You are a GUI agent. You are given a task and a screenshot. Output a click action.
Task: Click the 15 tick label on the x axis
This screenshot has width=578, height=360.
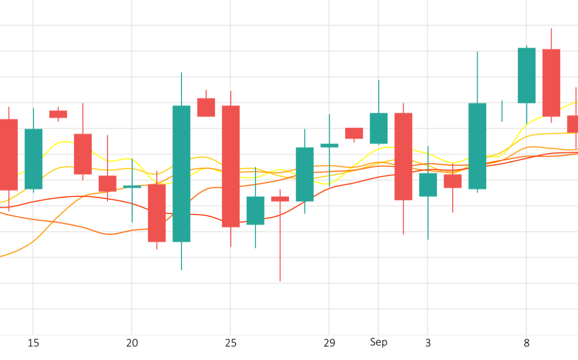pos(33,343)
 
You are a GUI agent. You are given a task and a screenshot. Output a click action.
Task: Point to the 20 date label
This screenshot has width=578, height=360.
pos(132,343)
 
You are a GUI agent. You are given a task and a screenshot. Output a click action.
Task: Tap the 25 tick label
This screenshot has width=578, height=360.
pos(231,343)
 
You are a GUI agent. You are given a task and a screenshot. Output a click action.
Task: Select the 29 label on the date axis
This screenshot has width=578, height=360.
pos(329,343)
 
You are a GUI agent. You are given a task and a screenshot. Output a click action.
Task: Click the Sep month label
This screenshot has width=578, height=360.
pos(378,342)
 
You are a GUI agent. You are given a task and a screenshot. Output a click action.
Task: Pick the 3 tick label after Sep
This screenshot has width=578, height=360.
pos(428,343)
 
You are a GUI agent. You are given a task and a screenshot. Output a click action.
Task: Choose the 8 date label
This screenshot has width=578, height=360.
pos(526,343)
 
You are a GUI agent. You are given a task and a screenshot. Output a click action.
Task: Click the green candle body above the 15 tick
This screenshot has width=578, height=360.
pos(33,159)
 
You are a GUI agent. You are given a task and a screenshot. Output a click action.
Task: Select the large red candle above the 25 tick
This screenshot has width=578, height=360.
pos(231,166)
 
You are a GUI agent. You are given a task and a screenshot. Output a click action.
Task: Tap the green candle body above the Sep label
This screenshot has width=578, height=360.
pos(379,128)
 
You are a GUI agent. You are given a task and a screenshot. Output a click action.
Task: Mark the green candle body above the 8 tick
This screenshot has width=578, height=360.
pos(526,75)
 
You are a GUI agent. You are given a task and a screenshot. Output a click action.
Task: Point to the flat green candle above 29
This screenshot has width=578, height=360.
pos(330,146)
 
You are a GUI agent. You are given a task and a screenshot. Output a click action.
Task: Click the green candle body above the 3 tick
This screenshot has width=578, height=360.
pos(428,185)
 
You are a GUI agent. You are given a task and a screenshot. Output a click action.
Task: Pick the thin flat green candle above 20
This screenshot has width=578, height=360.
pos(132,187)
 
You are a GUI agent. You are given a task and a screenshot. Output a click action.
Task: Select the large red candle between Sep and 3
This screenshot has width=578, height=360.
pos(404,156)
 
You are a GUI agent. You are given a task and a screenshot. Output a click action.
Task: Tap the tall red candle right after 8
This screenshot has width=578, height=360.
pos(552,83)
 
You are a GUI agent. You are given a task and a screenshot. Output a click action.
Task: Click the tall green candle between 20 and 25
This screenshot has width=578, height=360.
pos(182,173)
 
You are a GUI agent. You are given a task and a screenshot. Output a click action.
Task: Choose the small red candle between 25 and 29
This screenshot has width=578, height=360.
pos(280,199)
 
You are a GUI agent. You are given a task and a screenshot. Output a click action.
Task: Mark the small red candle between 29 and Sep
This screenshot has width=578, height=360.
pos(354,133)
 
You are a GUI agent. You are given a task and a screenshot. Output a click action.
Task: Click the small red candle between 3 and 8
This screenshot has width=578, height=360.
pos(453,181)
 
